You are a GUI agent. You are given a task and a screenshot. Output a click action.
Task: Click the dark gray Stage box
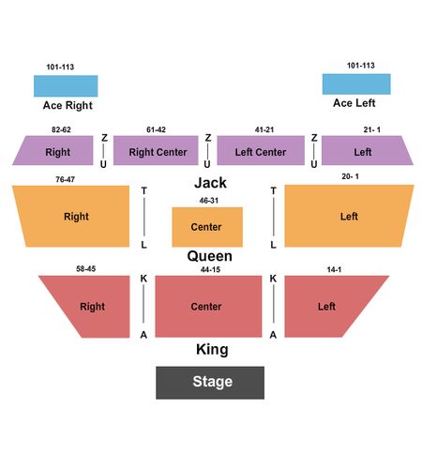(210, 383)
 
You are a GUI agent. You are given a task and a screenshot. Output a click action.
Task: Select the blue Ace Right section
(66, 85)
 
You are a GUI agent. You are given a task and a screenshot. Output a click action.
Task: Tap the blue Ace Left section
(356, 84)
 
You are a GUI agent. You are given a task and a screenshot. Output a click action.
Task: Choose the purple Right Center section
(156, 150)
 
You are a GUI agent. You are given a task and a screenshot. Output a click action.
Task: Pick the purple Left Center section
(261, 150)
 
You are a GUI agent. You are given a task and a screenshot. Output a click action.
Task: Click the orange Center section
(207, 227)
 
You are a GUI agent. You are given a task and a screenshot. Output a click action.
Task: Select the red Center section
(208, 307)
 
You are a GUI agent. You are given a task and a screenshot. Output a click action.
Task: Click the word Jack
(210, 183)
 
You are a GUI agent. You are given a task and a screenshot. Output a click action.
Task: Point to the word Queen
(210, 256)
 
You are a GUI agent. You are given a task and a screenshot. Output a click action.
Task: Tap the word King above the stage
(212, 349)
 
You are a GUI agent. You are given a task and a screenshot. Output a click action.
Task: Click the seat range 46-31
(209, 201)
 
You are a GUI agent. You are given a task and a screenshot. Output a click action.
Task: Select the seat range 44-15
(210, 269)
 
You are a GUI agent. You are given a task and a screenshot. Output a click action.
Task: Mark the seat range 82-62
(61, 129)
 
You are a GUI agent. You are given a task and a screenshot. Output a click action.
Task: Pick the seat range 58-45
(86, 268)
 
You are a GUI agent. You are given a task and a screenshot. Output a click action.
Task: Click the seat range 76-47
(66, 179)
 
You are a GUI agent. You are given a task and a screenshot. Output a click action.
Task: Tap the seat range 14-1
(334, 269)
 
